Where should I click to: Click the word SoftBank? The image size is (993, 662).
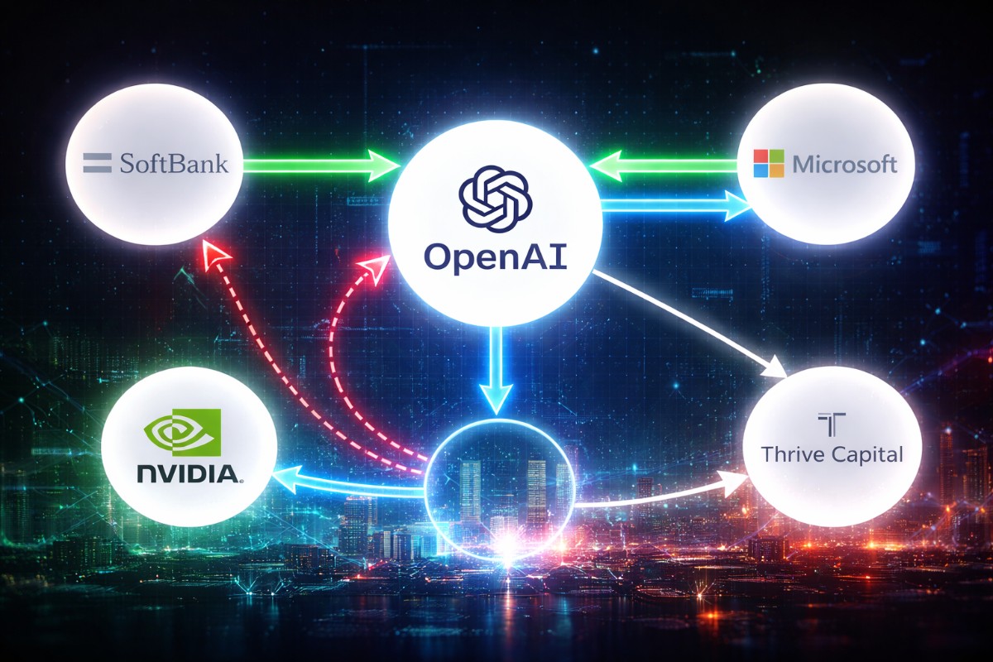tap(174, 162)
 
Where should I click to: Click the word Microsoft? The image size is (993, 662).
tap(844, 164)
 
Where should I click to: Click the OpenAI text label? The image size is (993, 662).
tap(494, 256)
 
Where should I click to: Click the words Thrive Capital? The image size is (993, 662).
tap(832, 454)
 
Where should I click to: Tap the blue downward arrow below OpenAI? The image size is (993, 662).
tap(494, 372)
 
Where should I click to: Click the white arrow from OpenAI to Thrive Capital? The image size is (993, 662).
tap(687, 323)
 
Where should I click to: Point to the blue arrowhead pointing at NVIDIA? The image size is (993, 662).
tap(285, 480)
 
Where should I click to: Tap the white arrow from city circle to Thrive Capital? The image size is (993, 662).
tap(662, 495)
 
